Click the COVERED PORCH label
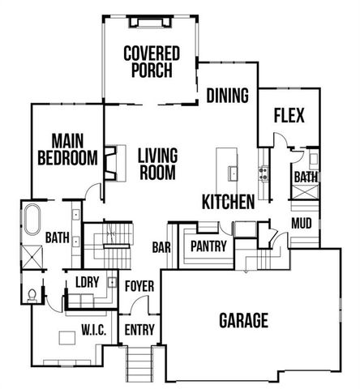tap(151, 62)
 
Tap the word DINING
tap(226, 96)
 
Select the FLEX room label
tap(289, 116)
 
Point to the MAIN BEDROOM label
tap(67, 149)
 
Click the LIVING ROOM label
tap(157, 163)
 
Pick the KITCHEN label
tap(229, 202)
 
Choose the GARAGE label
tap(243, 320)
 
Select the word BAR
tap(161, 248)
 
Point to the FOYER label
tap(139, 284)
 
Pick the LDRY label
tap(87, 281)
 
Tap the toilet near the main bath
tap(32, 293)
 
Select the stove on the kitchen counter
tap(263, 172)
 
